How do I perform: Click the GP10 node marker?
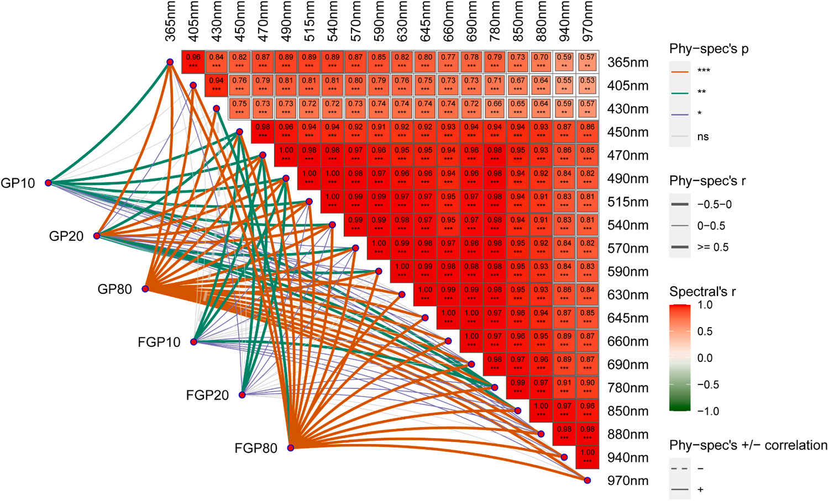click(x=49, y=183)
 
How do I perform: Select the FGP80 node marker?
click(x=291, y=447)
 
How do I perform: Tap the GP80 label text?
click(x=114, y=289)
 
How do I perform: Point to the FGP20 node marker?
click(x=242, y=395)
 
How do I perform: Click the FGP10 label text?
click(x=159, y=342)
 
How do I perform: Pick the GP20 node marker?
click(x=97, y=236)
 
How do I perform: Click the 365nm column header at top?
click(x=170, y=21)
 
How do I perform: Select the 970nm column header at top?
click(x=587, y=21)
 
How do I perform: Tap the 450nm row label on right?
click(x=627, y=132)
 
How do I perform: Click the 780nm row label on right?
click(x=627, y=388)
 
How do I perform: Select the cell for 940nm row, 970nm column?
click(x=587, y=457)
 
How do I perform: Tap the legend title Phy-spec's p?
click(x=709, y=49)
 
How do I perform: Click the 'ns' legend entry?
click(x=702, y=136)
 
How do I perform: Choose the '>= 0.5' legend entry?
click(x=712, y=247)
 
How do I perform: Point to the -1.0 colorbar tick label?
click(x=708, y=411)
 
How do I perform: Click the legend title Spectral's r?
click(x=702, y=291)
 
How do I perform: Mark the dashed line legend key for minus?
click(x=680, y=468)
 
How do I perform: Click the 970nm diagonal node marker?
click(x=587, y=481)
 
